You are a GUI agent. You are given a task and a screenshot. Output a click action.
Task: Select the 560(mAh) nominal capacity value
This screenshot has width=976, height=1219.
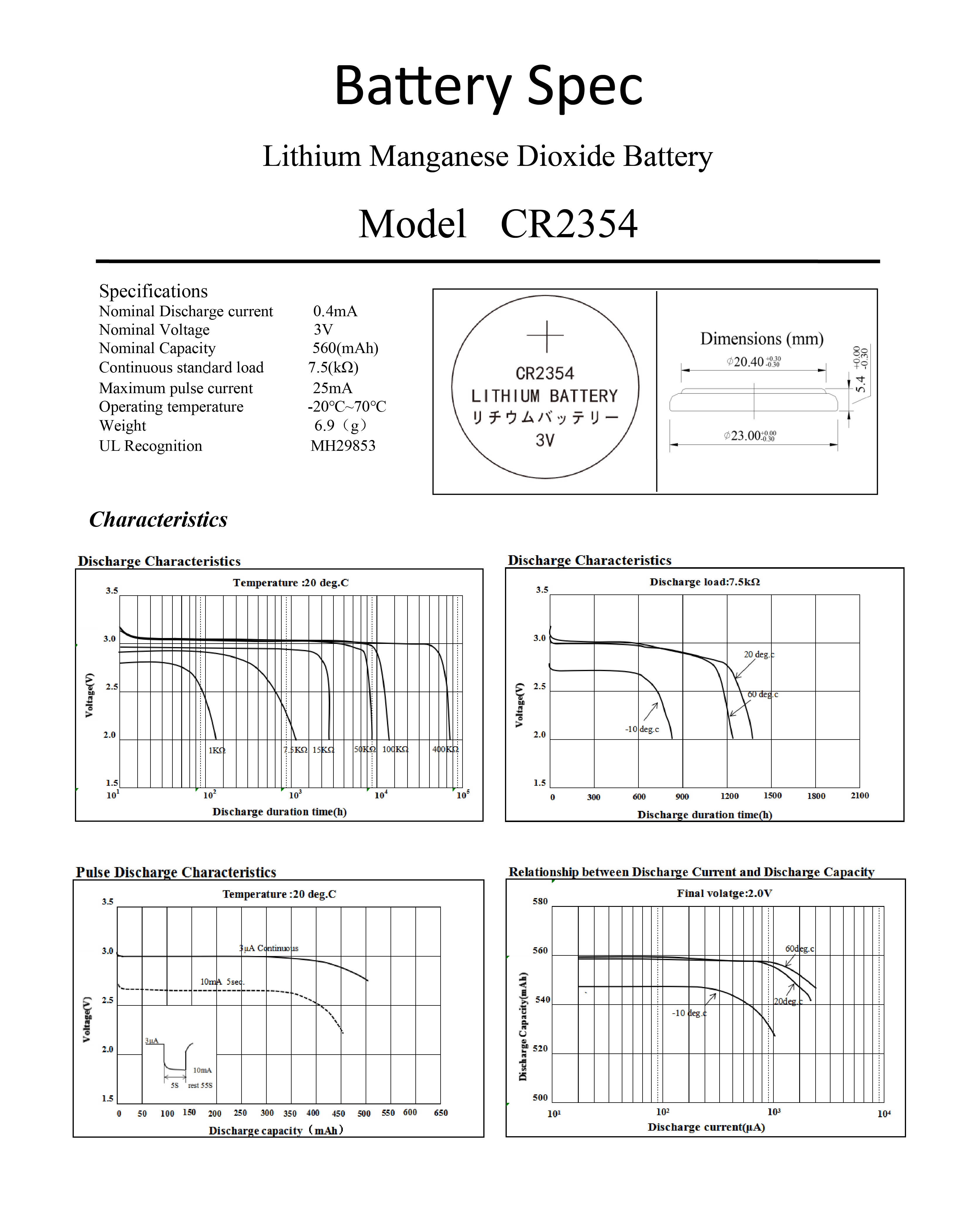(345, 348)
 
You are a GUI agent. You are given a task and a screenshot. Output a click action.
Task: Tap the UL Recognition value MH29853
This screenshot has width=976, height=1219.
(343, 446)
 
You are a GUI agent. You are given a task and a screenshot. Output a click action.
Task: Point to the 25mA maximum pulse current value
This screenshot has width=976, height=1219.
(332, 388)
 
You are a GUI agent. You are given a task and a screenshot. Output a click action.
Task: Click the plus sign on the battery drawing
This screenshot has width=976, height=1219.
(545, 336)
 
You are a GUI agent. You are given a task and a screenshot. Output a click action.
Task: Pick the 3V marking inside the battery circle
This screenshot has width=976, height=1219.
(545, 441)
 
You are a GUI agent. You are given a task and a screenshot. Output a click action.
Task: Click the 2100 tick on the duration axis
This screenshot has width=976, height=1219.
(859, 795)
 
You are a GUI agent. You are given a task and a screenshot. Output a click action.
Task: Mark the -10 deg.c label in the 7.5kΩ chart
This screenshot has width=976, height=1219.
(642, 729)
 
